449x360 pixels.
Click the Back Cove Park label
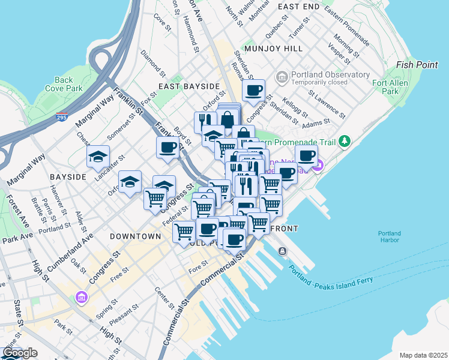coord(63,84)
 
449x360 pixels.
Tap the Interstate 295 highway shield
coord(61,117)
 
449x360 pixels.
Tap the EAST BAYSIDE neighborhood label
coord(185,86)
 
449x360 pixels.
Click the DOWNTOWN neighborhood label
coord(136,236)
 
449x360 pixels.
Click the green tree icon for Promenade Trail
coord(344,142)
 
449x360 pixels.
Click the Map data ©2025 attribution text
coord(423,355)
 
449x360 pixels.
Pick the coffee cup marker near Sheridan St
coord(253,91)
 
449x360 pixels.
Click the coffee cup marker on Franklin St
coord(167,147)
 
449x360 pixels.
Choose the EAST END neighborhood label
coord(298,6)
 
